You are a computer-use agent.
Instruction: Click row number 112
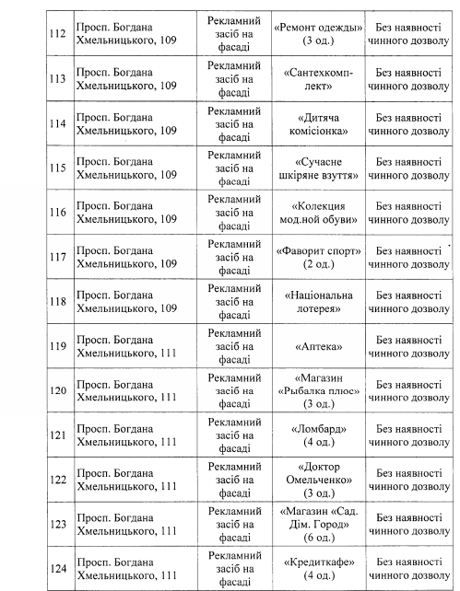(57, 35)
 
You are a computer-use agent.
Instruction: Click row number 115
(57, 168)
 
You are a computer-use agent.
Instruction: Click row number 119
(57, 346)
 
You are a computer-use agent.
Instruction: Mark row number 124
(57, 569)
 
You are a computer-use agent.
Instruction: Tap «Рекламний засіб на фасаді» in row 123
(235, 524)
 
